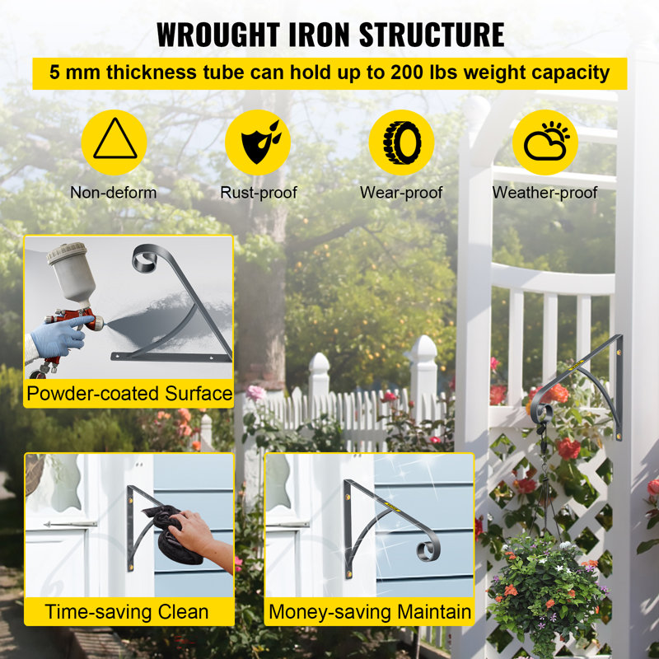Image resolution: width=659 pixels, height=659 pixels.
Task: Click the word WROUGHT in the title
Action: click(x=218, y=35)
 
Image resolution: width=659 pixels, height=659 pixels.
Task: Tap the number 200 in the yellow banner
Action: click(x=406, y=72)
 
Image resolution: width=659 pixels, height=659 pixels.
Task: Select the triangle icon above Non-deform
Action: click(x=115, y=138)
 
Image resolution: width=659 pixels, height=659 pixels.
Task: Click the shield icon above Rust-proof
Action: click(x=259, y=142)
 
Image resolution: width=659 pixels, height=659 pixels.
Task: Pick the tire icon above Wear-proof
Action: click(x=402, y=143)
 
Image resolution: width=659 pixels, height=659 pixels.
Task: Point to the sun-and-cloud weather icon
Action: click(x=546, y=141)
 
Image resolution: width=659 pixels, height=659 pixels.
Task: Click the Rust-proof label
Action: click(x=259, y=193)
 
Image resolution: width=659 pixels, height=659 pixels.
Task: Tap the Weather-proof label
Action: click(x=544, y=193)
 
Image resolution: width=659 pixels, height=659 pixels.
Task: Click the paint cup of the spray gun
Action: click(x=72, y=271)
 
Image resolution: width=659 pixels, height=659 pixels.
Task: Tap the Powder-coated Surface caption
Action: click(x=129, y=394)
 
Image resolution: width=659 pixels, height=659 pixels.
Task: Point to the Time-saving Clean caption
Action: click(x=127, y=612)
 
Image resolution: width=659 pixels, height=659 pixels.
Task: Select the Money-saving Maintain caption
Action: click(x=370, y=612)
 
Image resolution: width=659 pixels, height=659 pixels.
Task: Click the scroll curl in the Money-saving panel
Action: click(x=428, y=549)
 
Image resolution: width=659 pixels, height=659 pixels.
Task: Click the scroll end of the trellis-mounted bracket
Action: click(x=541, y=413)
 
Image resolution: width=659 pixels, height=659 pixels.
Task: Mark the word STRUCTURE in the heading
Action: click(x=432, y=35)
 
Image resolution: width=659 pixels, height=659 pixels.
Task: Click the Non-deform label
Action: click(x=114, y=193)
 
